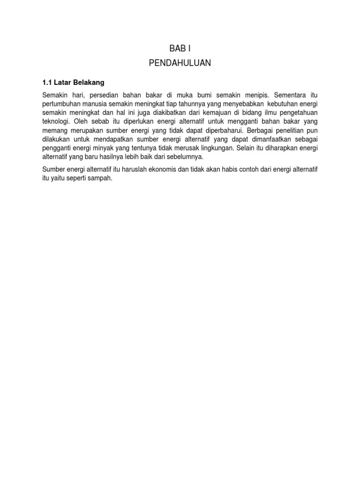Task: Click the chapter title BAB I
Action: [x=180, y=48]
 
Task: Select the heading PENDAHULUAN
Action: [x=180, y=63]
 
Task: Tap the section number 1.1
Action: [x=47, y=82]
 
